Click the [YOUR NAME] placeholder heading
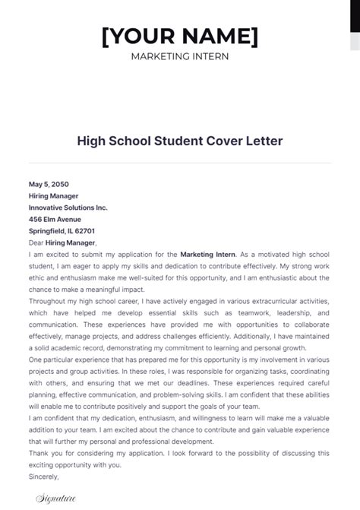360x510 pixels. coord(179,35)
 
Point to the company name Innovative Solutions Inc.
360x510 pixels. coord(68,207)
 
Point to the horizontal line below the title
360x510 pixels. coord(180,162)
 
